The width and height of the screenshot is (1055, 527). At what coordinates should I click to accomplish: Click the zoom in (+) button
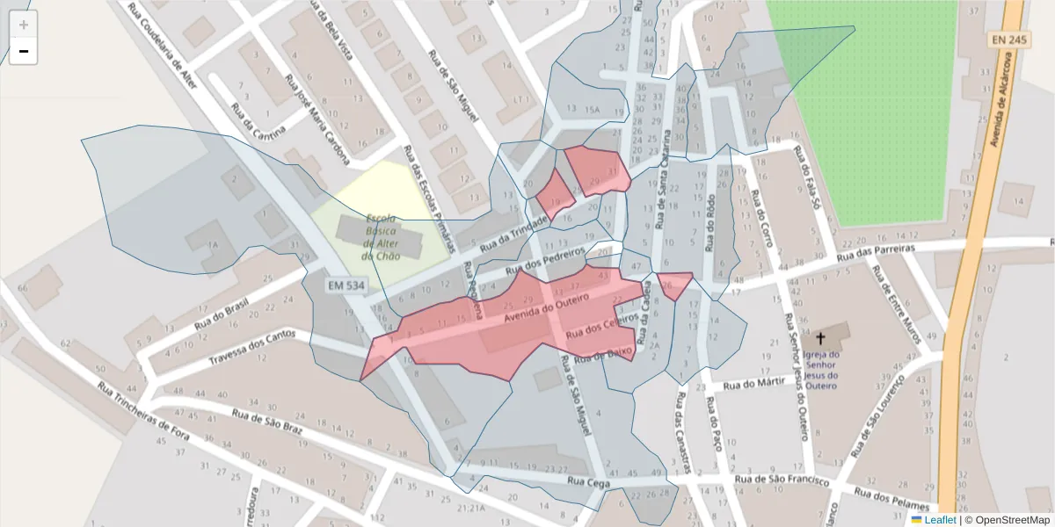(x=24, y=25)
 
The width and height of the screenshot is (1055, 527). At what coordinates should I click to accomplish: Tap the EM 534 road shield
(x=346, y=285)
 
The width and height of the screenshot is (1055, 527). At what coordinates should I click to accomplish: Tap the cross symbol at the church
(x=821, y=338)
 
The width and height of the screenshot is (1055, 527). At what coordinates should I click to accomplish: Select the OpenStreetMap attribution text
(x=1008, y=520)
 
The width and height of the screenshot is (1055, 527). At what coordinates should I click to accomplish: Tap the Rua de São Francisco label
(x=782, y=480)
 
